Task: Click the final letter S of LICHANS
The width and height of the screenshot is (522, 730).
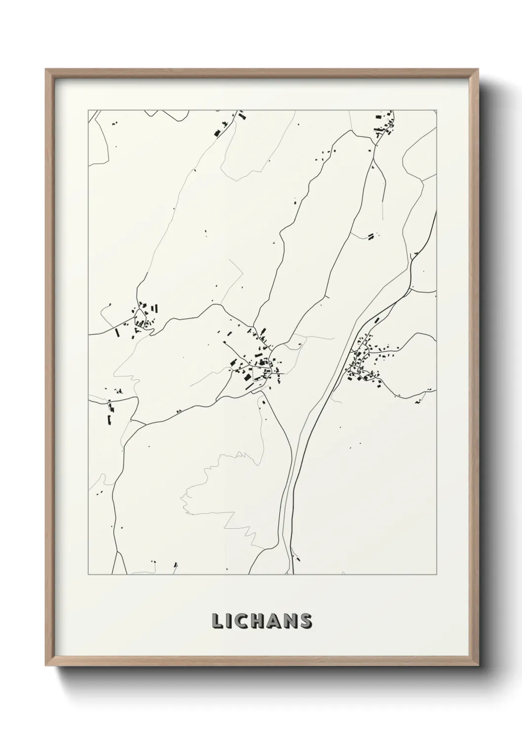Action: tap(305, 621)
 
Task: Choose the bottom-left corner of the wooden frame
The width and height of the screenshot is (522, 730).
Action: tap(46, 664)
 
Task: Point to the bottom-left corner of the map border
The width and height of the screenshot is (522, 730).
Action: tap(88, 575)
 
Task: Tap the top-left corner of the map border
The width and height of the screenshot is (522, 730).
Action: tap(88, 110)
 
